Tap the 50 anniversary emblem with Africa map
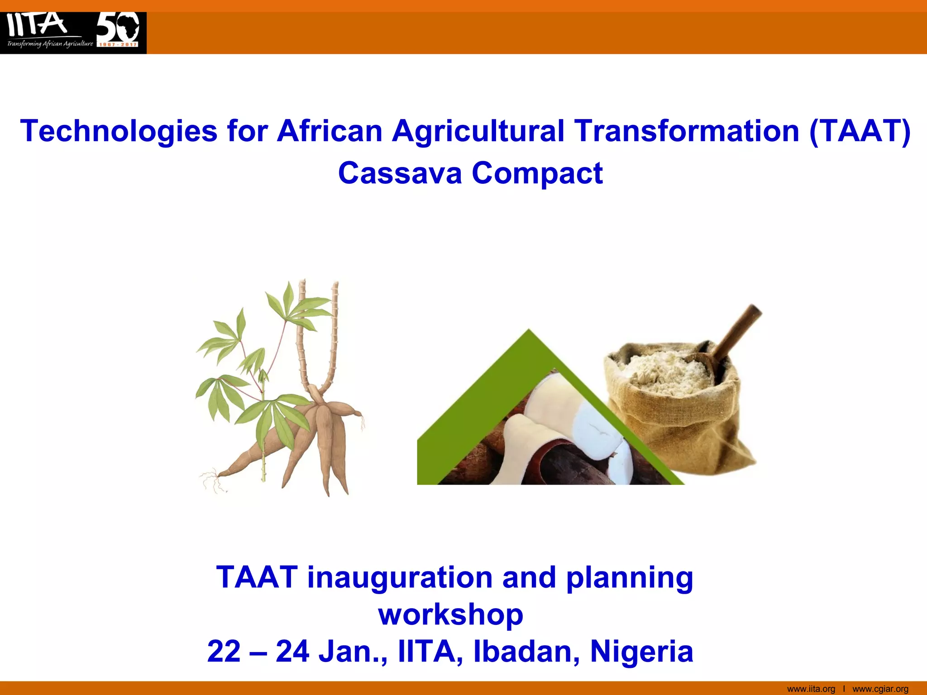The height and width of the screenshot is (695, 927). (x=119, y=29)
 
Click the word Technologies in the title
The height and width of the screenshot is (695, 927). (x=119, y=131)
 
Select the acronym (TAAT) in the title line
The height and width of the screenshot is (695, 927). (x=860, y=131)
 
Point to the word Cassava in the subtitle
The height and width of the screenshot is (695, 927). (x=400, y=173)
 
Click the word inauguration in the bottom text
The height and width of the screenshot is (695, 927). (x=400, y=578)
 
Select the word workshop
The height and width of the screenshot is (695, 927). (x=451, y=614)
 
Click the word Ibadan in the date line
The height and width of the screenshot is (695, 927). (x=526, y=652)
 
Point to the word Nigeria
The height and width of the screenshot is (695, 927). (x=641, y=652)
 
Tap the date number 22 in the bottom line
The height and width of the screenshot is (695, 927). (x=224, y=652)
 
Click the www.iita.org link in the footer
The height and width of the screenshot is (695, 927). (x=811, y=689)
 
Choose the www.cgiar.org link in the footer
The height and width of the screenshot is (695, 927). (x=880, y=689)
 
